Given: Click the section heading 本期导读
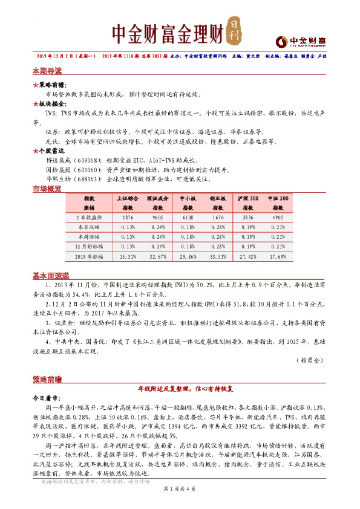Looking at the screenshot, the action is pyautogui.click(x=47, y=70).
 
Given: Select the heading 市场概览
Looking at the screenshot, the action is pyautogui.click(x=47, y=189).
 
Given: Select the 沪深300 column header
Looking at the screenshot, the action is pyautogui.click(x=248, y=198).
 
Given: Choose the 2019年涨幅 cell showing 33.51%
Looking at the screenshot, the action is pyautogui.click(x=218, y=256).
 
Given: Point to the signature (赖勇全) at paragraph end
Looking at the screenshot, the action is pyautogui.click(x=312, y=360).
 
